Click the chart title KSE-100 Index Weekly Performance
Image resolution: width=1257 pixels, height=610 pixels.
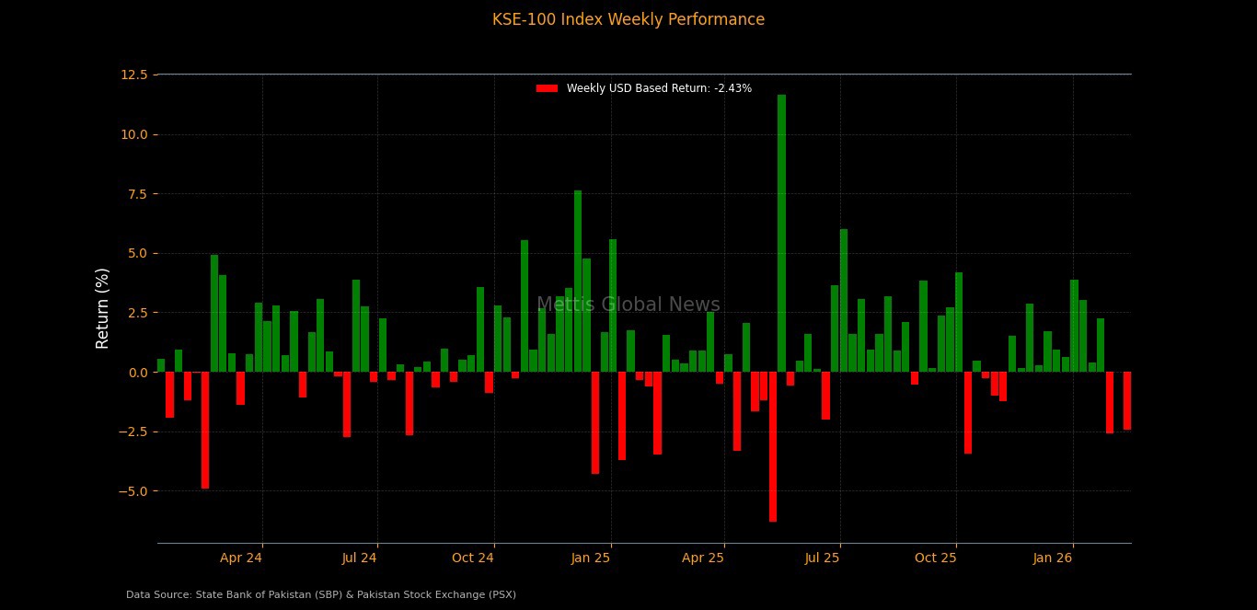coord(628,19)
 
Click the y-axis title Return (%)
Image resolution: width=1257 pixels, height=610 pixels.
coord(102,307)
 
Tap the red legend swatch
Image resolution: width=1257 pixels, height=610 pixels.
coord(547,88)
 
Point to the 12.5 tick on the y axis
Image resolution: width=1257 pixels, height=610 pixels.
coord(133,75)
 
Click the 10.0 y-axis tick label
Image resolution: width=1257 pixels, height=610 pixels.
coord(133,134)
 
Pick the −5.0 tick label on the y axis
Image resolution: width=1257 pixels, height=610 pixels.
coord(132,491)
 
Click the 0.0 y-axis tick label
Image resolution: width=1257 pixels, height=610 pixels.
coord(136,373)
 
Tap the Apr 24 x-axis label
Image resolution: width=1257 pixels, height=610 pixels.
coord(241,558)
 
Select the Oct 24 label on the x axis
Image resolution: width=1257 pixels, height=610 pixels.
coord(473,558)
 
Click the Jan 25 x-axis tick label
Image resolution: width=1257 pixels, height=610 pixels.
coord(591,558)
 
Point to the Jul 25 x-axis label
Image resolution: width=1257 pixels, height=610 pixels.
coord(822,558)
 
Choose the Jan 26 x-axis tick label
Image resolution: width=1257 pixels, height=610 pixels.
coord(1053,558)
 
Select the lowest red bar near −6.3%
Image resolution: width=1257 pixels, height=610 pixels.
coord(773,446)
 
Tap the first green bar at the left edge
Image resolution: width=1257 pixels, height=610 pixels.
coord(161,365)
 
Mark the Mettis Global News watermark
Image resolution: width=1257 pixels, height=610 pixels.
coord(628,305)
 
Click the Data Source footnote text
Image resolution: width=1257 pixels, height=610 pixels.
coord(321,595)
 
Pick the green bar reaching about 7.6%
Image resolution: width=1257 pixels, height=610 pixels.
coord(578,281)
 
